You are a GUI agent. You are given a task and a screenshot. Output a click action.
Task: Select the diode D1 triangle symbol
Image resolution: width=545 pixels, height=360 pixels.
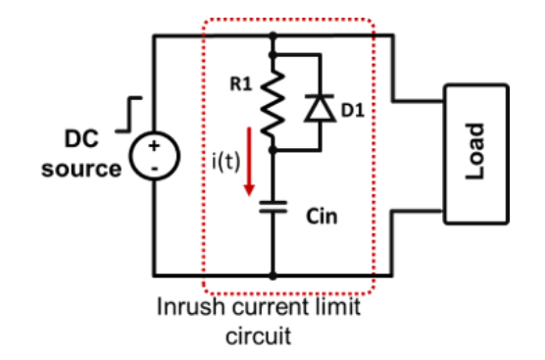[x=320, y=108]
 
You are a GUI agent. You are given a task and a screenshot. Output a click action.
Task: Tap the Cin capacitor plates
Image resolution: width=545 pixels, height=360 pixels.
[x=273, y=207]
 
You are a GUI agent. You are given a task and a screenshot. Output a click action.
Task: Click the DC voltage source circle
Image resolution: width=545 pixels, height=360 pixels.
[x=155, y=156]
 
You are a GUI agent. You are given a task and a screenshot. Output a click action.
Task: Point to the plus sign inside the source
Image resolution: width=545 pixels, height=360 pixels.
[x=154, y=146]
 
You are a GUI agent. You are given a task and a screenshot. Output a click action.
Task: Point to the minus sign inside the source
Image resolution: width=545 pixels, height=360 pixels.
[x=155, y=169]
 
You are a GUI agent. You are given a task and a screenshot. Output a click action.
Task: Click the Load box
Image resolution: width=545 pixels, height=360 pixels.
[x=476, y=154]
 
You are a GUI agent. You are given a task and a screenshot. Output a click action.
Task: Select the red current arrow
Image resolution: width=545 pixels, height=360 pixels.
[x=249, y=162]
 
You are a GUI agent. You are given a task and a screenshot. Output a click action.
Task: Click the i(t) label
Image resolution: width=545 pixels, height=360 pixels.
[x=225, y=162]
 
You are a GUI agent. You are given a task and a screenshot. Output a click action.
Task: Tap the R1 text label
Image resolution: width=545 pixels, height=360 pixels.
[x=241, y=83]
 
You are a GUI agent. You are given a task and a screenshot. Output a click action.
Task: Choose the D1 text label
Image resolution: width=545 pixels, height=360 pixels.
[x=353, y=111]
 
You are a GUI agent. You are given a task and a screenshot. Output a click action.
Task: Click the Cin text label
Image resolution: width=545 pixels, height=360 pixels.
[x=322, y=217]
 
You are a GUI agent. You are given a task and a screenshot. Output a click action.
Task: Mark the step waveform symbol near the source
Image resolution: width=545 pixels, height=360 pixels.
[x=128, y=115]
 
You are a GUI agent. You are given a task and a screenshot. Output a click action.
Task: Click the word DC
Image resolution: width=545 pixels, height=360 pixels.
[x=81, y=138]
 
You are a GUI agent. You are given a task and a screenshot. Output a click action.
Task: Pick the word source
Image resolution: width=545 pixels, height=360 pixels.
[x=81, y=169]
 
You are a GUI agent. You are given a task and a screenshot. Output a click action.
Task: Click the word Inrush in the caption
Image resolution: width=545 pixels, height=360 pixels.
[x=190, y=307]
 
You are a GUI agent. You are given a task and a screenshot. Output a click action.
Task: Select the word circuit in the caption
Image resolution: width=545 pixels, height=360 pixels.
[x=258, y=335]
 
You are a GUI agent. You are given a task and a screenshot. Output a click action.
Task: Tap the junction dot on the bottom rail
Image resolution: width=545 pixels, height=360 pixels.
[x=273, y=276]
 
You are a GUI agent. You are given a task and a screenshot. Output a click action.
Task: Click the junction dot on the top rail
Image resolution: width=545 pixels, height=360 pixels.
[x=273, y=35]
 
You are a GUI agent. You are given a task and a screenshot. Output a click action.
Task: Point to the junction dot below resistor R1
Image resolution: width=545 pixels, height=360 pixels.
[x=273, y=150]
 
